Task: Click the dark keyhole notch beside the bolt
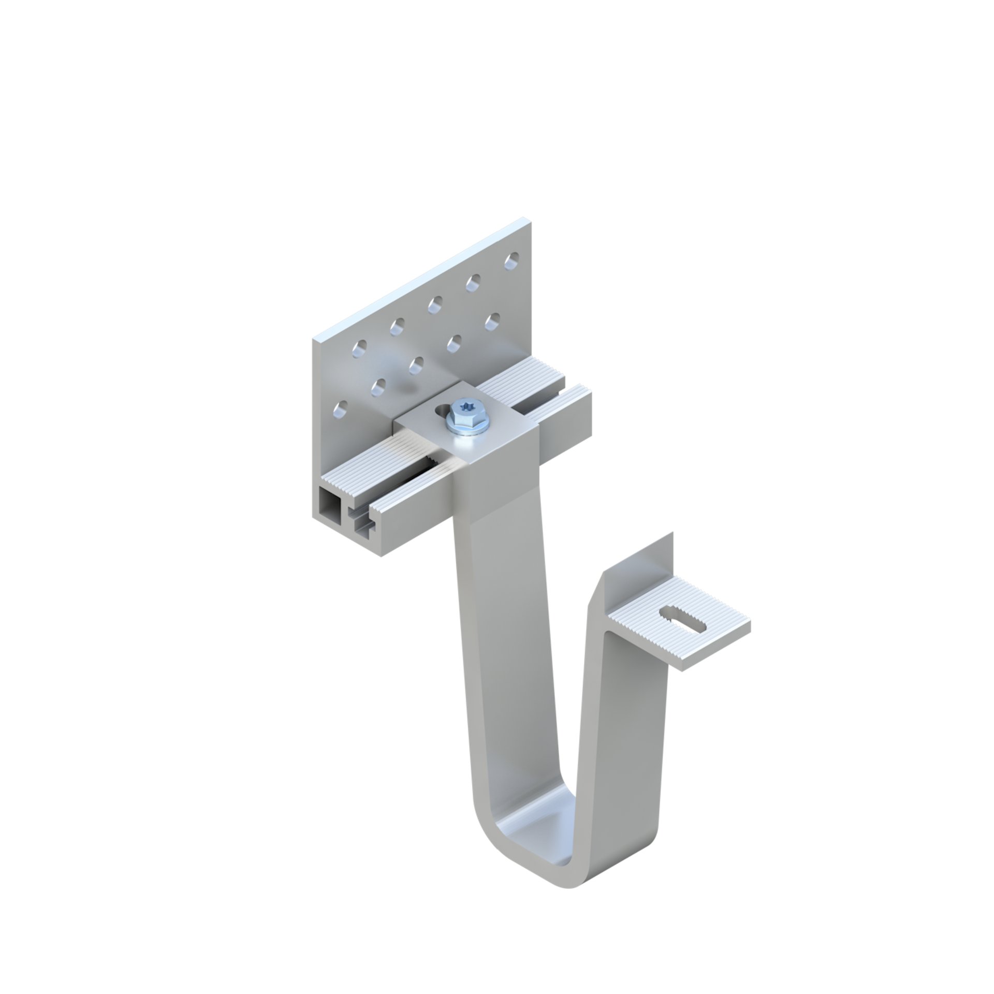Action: coord(441,412)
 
